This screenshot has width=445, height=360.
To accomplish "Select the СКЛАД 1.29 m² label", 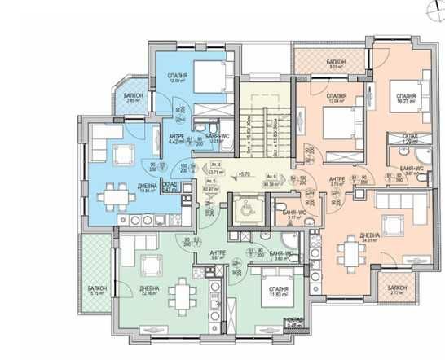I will pos(410,139).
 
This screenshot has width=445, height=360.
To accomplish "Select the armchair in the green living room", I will pos(151,263).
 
